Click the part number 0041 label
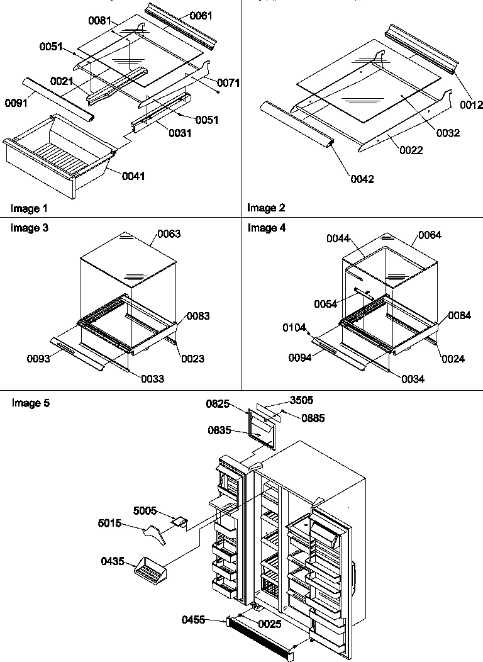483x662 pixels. pyautogui.click(x=133, y=176)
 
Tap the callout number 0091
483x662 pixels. pyautogui.click(x=16, y=102)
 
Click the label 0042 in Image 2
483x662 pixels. pyautogui.click(x=362, y=179)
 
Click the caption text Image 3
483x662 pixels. pyautogui.click(x=29, y=228)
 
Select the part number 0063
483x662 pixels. pyautogui.click(x=169, y=234)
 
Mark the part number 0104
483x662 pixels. pyautogui.click(x=294, y=327)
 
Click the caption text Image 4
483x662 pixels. pyautogui.click(x=266, y=228)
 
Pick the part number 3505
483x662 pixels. pyautogui.click(x=301, y=399)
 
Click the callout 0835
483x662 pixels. pyautogui.click(x=219, y=430)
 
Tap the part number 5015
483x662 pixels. pyautogui.click(x=109, y=522)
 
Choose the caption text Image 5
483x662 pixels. pyautogui.click(x=30, y=403)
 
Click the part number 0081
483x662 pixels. pyautogui.click(x=99, y=21)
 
